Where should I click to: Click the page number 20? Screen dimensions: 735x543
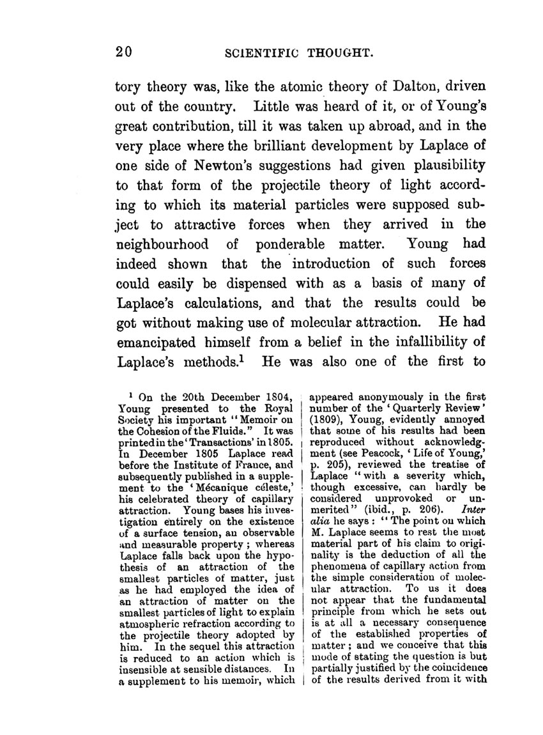pyautogui.click(x=123, y=54)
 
